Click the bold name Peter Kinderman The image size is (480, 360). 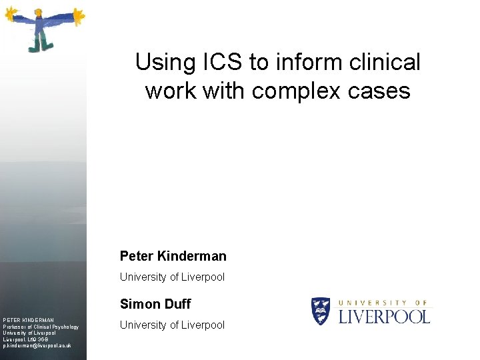coord(173,256)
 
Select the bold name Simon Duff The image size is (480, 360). coord(155,304)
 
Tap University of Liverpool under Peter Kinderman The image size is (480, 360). coord(172,277)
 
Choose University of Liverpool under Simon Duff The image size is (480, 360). coord(172,325)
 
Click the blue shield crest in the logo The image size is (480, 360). coord(321,311)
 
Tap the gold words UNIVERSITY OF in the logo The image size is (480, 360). coord(385,301)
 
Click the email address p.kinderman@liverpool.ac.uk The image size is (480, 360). coord(37,346)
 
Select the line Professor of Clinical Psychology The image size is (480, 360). coord(41,327)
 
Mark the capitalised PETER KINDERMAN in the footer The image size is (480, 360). coord(28,320)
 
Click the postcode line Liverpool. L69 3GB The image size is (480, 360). coord(30,339)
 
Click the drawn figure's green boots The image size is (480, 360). coord(39,45)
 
